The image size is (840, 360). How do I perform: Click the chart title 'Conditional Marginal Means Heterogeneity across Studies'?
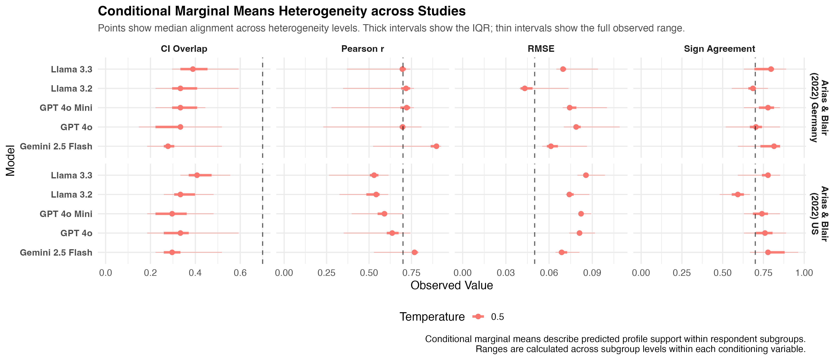pos(282,11)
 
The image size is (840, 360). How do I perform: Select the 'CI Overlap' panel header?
pos(184,49)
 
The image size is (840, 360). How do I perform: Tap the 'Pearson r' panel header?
pos(363,49)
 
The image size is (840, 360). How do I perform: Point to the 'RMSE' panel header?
pos(541,49)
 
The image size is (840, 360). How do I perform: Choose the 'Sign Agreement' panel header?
pos(719,49)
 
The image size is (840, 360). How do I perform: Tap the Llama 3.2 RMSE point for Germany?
pos(525,88)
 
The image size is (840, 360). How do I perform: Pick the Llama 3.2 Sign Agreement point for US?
pos(738,194)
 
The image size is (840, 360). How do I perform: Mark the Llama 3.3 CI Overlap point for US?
pos(197,175)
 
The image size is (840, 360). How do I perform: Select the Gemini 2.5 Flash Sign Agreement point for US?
pos(768,252)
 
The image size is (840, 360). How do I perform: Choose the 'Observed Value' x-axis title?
pos(452,285)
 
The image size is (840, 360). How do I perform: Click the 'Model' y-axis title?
pos(10,160)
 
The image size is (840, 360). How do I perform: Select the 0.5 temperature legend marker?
pos(478,317)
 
